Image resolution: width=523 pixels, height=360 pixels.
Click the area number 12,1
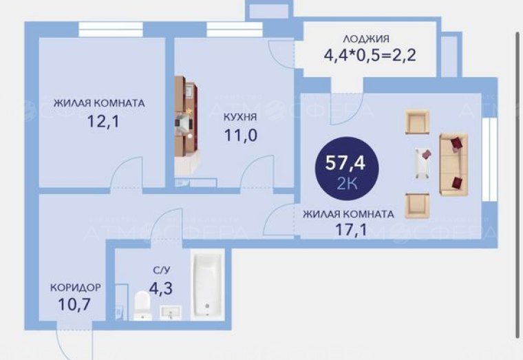103,120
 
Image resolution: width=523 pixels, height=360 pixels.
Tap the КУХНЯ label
240,117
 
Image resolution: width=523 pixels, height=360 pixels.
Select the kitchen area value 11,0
240,135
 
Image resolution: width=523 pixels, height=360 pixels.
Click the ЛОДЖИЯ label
366,39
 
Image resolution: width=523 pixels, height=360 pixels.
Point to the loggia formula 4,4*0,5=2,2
370,55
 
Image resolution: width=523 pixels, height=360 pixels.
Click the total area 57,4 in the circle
345,163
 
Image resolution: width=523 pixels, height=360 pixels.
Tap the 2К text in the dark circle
347,184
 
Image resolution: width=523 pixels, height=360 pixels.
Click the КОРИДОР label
76,287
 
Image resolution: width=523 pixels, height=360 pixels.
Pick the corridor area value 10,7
74,304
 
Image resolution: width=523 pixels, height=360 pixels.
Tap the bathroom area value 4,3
161,288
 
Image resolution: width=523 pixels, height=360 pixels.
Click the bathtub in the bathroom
207,284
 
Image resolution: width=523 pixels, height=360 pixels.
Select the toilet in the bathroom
142,306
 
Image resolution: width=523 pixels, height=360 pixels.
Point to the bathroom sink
171,313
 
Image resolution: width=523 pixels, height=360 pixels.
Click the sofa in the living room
453,164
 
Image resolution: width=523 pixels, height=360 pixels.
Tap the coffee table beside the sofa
423,163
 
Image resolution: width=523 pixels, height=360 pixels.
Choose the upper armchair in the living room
417,123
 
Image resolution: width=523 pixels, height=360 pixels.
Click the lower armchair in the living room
417,207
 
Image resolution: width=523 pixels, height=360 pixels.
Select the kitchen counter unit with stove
186,125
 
